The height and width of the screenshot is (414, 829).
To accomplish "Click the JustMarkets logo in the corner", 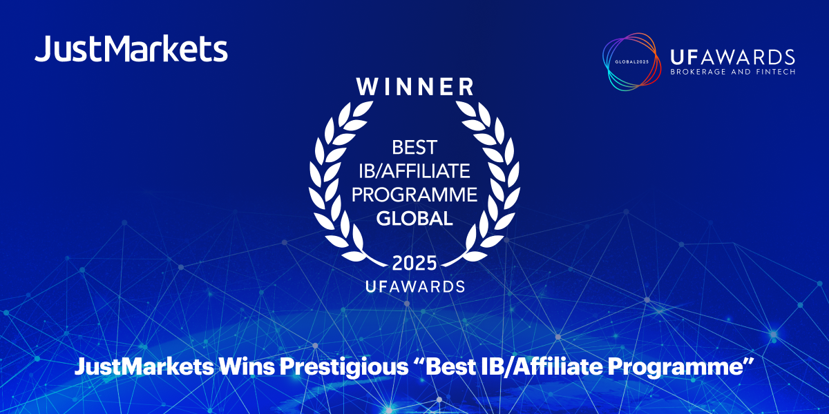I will (131, 50).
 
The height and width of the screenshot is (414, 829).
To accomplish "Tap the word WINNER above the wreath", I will (414, 87).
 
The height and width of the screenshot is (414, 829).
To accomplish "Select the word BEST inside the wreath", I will (414, 146).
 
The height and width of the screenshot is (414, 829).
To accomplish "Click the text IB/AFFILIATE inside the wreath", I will (414, 170).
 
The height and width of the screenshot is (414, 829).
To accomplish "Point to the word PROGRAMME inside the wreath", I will (414, 195).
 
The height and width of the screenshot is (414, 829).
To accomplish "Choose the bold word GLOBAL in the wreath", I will (414, 219).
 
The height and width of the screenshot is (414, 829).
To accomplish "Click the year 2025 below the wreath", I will (414, 263).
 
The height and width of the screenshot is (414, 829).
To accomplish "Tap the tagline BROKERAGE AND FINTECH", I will (733, 72).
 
